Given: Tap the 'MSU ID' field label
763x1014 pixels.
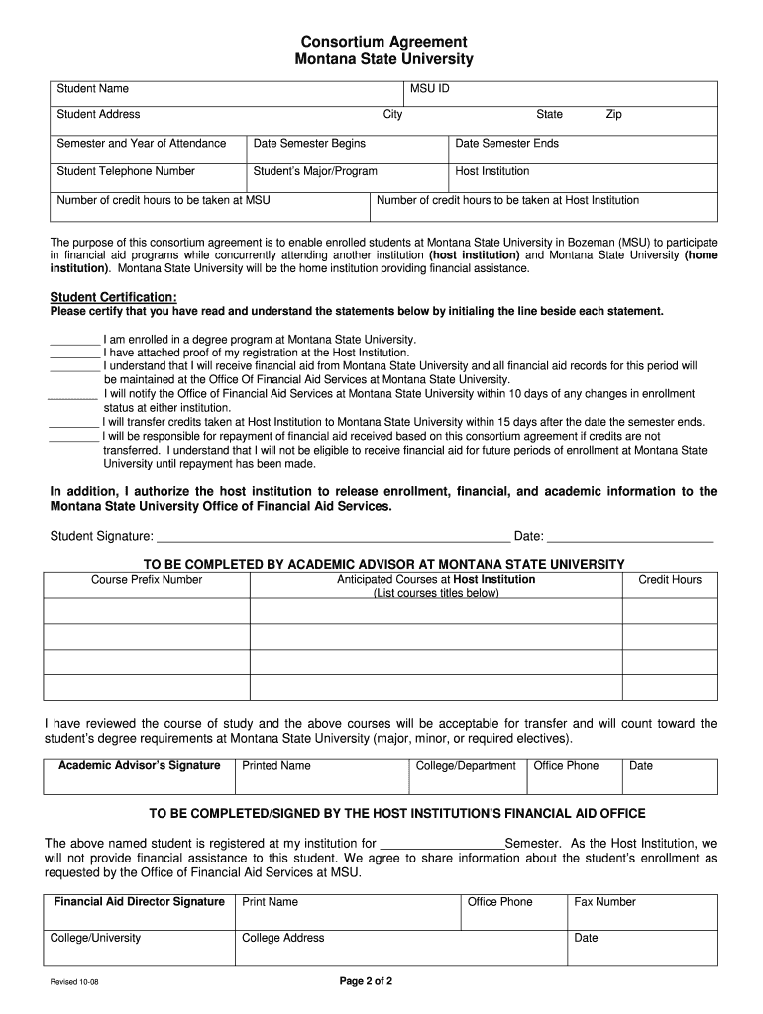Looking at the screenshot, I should (430, 89).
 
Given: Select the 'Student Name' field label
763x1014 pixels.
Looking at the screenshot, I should (92, 89).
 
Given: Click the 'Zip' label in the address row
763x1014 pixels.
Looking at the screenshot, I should (613, 115).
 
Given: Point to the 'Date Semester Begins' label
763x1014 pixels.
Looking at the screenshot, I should (309, 144).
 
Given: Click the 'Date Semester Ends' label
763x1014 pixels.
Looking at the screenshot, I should (506, 144).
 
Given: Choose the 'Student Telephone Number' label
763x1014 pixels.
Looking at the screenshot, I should (126, 171).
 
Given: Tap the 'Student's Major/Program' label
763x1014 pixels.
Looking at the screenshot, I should (315, 171).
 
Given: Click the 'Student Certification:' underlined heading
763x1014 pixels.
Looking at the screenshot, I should (114, 297).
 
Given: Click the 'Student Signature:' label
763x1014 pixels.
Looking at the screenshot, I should (101, 537).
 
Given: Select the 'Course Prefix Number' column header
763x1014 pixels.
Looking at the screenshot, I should (147, 580).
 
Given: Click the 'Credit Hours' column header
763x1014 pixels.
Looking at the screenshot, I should (669, 580).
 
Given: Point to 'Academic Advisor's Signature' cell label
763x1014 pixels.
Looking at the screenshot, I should (139, 765).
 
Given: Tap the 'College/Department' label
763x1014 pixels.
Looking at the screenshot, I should (466, 765).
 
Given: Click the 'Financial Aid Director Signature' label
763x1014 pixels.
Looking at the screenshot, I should (139, 902).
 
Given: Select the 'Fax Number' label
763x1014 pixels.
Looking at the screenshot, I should (604, 902).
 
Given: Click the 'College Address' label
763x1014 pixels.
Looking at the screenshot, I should (282, 938).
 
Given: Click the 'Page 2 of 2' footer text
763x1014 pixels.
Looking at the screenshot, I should (367, 982).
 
